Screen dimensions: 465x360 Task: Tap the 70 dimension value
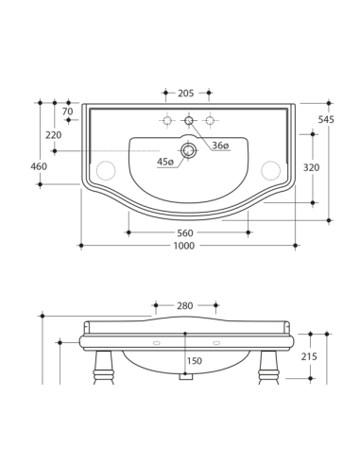[x=67, y=112]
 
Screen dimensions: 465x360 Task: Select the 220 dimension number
[x=53, y=135]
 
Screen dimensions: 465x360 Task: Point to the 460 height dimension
[x=40, y=167]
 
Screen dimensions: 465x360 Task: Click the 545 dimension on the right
[x=326, y=120]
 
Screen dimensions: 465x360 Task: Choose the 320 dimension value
[x=311, y=167]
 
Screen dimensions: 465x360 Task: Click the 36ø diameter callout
[x=219, y=146]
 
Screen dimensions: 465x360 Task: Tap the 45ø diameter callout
[x=165, y=162]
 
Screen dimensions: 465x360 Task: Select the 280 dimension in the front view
[x=184, y=305]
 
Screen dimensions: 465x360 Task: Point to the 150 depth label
[x=194, y=361]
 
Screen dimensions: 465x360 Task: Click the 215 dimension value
[x=309, y=356]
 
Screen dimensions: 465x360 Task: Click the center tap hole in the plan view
[x=189, y=120]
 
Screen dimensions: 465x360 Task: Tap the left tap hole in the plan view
[x=167, y=120]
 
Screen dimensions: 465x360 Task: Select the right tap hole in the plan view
[x=210, y=120]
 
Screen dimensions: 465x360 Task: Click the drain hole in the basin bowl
[x=189, y=149]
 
